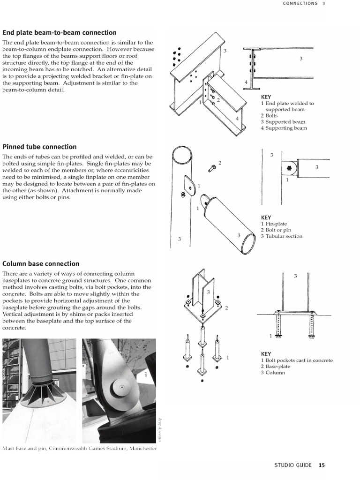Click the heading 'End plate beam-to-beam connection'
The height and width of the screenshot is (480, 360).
pos(60,32)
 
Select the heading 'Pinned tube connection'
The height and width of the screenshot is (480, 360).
pos(39,147)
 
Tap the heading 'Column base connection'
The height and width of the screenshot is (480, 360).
pos(41,263)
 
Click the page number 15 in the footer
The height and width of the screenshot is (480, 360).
pos(321,465)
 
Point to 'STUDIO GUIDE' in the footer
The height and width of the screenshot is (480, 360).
pos(293,465)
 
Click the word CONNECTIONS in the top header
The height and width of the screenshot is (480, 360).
pos(300,3)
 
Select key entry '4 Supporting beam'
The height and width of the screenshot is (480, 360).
pos(284,128)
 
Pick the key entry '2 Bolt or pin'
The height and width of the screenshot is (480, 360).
pos(276,230)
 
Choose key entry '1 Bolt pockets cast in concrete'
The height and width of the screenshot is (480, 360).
pos(297,360)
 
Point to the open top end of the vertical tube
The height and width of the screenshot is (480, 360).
pos(180,155)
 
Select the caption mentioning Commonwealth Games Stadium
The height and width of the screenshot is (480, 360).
pos(79,449)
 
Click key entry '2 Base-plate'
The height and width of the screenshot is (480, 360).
pos(276,367)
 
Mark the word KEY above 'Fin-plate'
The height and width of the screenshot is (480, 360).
pos(266,217)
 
